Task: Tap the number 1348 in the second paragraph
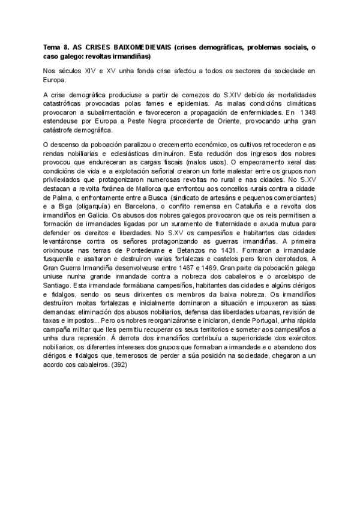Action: [x=306, y=112]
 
